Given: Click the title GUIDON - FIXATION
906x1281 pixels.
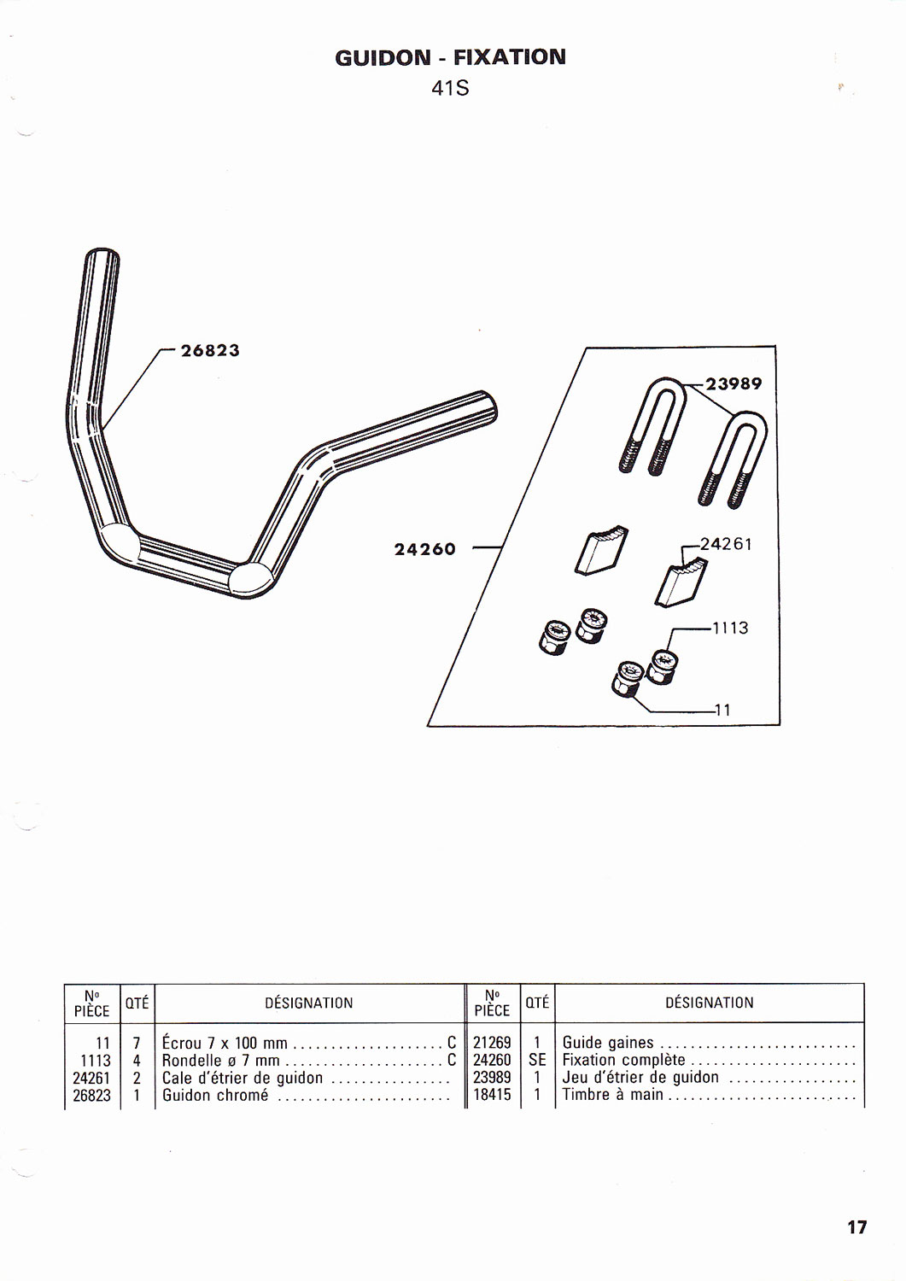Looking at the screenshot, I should [x=450, y=57].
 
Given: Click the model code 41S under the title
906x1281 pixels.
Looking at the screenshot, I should [x=450, y=88].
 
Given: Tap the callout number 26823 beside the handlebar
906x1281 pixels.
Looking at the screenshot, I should [x=210, y=350].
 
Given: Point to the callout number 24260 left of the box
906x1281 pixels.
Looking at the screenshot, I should [x=424, y=549].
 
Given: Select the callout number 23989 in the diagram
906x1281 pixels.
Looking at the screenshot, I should [x=734, y=383].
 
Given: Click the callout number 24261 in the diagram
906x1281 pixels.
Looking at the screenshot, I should [x=726, y=544].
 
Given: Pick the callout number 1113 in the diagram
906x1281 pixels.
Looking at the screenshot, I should [x=730, y=628].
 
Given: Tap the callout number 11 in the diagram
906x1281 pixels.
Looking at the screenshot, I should [x=722, y=709].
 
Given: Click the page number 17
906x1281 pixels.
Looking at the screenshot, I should [x=856, y=1227].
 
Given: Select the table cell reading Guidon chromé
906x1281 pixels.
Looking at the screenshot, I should [x=215, y=1096].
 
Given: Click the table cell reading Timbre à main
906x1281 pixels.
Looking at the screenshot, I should [x=612, y=1095].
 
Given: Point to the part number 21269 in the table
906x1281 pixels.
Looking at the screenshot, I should [x=492, y=1043].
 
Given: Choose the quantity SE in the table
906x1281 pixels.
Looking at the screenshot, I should [x=537, y=1060].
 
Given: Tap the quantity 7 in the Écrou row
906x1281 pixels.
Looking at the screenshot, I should [x=137, y=1043].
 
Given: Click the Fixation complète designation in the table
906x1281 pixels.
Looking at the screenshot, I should [x=623, y=1060].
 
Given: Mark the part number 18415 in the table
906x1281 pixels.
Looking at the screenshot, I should [x=492, y=1095].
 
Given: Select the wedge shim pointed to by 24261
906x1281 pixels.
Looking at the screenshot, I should [x=681, y=582].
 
